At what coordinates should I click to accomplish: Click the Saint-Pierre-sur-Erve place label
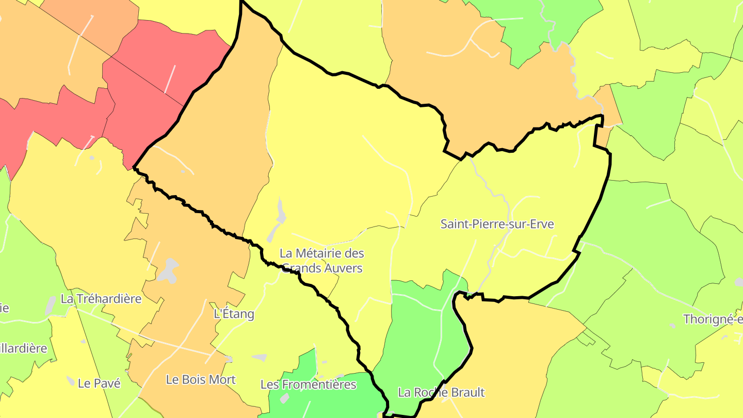(497, 224)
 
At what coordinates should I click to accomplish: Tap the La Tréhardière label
(101, 298)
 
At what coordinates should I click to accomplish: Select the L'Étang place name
(234, 314)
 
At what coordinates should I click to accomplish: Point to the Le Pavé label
(99, 383)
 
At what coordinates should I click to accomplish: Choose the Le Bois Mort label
(201, 379)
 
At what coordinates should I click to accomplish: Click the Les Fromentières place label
(308, 384)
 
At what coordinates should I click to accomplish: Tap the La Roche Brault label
(441, 392)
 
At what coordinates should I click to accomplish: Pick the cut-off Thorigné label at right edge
(713, 319)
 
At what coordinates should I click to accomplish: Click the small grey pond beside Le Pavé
(71, 381)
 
